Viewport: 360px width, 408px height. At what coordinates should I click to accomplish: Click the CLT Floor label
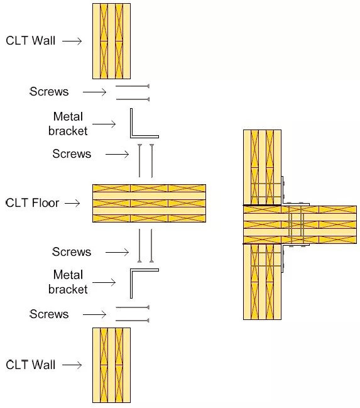(33, 203)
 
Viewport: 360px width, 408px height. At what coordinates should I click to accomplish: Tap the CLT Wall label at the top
(31, 41)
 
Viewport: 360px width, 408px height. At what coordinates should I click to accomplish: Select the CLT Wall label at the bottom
(31, 365)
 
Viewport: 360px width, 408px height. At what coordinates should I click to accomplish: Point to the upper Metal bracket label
(68, 124)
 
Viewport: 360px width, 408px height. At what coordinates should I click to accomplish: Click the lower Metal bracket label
(68, 282)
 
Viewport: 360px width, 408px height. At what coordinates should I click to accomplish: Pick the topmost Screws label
(49, 92)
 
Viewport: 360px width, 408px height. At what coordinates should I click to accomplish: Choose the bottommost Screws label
(49, 314)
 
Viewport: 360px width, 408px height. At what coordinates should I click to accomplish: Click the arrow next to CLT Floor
(72, 203)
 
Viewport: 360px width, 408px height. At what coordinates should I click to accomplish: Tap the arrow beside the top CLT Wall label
(72, 41)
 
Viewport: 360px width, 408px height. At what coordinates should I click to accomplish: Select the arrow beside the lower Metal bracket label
(104, 282)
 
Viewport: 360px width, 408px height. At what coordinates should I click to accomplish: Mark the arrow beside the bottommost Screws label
(94, 314)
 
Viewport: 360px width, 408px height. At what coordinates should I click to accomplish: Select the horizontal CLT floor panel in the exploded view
(149, 203)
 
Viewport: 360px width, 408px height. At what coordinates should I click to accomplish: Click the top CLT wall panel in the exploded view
(112, 41)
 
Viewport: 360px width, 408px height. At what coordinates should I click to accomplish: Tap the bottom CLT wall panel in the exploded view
(112, 365)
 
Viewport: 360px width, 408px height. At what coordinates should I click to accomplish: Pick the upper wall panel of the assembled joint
(262, 168)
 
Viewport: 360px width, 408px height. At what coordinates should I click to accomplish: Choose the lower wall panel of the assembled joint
(262, 282)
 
